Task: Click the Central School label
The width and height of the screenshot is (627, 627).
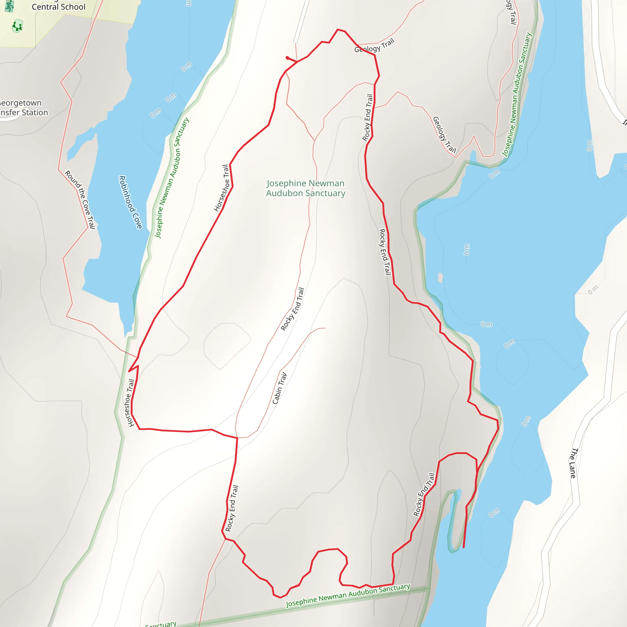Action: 58,7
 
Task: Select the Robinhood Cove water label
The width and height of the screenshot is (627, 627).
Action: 130,202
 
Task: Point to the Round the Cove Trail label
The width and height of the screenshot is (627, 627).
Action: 80,200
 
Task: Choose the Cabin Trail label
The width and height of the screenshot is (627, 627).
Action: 280,388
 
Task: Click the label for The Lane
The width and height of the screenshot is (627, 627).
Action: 573,463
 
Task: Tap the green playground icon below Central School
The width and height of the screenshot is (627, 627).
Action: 17,26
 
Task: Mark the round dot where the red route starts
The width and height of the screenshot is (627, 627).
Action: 287,58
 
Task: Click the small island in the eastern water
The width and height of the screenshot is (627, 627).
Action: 440,277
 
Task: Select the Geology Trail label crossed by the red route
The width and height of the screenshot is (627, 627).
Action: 374,46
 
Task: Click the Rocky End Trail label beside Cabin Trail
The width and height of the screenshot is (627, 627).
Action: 292,309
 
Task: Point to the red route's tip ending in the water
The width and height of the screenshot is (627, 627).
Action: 464,547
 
